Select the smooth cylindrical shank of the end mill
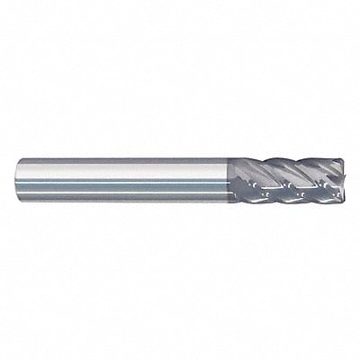(126, 180)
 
